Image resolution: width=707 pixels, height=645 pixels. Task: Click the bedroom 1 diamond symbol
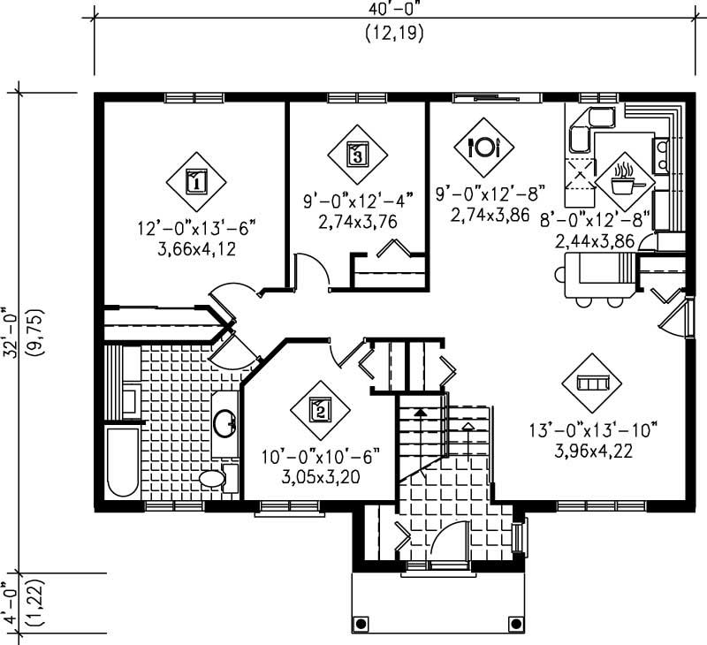(x=195, y=182)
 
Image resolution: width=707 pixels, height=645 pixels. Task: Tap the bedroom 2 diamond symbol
(x=320, y=409)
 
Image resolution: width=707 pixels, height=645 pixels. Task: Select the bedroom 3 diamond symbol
(x=357, y=155)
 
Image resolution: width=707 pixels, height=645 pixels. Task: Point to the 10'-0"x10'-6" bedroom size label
(x=320, y=457)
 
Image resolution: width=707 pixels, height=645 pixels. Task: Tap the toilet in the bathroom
(x=215, y=479)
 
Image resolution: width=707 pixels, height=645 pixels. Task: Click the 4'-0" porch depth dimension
(x=11, y=601)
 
